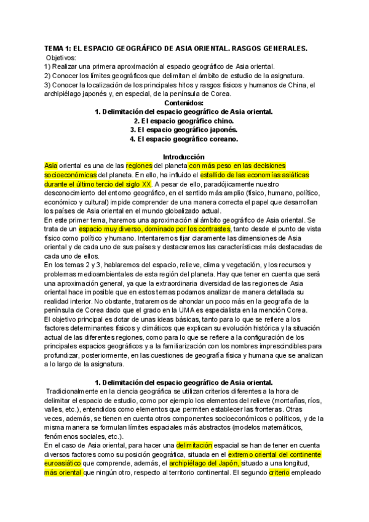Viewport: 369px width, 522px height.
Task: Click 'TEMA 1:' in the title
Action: (x=58, y=49)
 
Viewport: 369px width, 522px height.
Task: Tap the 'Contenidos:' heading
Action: (x=184, y=103)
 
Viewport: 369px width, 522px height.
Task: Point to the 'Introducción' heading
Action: (x=184, y=157)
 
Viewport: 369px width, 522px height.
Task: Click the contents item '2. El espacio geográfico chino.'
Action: (x=184, y=121)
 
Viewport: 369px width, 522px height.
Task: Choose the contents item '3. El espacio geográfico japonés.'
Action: (x=184, y=130)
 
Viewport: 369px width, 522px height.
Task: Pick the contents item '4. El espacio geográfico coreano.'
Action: (x=184, y=139)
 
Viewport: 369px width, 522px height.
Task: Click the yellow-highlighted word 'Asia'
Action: (x=50, y=166)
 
